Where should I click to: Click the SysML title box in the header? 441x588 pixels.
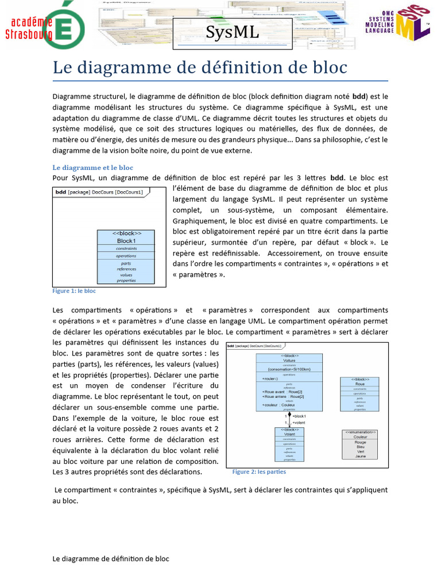click(232, 33)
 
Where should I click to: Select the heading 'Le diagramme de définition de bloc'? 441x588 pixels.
click(200, 68)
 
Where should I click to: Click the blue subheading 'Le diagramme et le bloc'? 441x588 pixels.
click(92, 168)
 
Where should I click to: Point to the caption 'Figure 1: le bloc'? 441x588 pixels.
click(74, 291)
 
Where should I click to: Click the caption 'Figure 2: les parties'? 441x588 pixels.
click(259, 472)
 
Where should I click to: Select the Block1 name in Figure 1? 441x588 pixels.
click(126, 241)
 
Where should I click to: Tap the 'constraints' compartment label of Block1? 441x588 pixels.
click(126, 249)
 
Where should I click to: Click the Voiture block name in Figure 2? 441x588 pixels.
click(289, 361)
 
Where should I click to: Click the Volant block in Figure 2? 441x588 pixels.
click(289, 444)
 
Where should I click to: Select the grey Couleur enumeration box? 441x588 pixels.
click(360, 444)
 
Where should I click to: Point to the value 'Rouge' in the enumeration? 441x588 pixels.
click(360, 443)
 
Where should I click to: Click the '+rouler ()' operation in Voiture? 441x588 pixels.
click(271, 379)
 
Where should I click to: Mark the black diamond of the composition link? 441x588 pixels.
click(289, 414)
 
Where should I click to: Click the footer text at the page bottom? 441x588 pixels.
click(111, 559)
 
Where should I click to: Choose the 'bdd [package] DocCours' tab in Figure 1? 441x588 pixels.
click(102, 192)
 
